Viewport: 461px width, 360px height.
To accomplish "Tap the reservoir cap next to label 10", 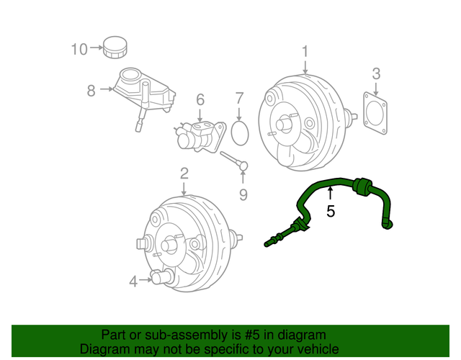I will click(114, 48).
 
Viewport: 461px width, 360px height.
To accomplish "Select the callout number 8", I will click(91, 90).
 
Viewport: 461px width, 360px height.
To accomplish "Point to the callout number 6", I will click(200, 99).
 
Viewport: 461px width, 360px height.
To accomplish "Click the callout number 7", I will click(240, 98).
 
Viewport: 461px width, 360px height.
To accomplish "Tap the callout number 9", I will click(243, 194).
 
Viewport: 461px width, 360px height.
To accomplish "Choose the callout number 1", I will click(305, 51).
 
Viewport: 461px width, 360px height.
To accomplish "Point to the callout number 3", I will click(376, 73).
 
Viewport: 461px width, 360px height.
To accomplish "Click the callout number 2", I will click(184, 173).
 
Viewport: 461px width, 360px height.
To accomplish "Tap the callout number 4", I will click(133, 282).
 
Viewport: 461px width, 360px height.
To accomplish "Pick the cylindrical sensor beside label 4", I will click(162, 276).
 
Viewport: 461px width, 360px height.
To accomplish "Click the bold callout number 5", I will click(331, 211).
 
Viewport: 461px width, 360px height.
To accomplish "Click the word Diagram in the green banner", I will click(104, 348).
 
